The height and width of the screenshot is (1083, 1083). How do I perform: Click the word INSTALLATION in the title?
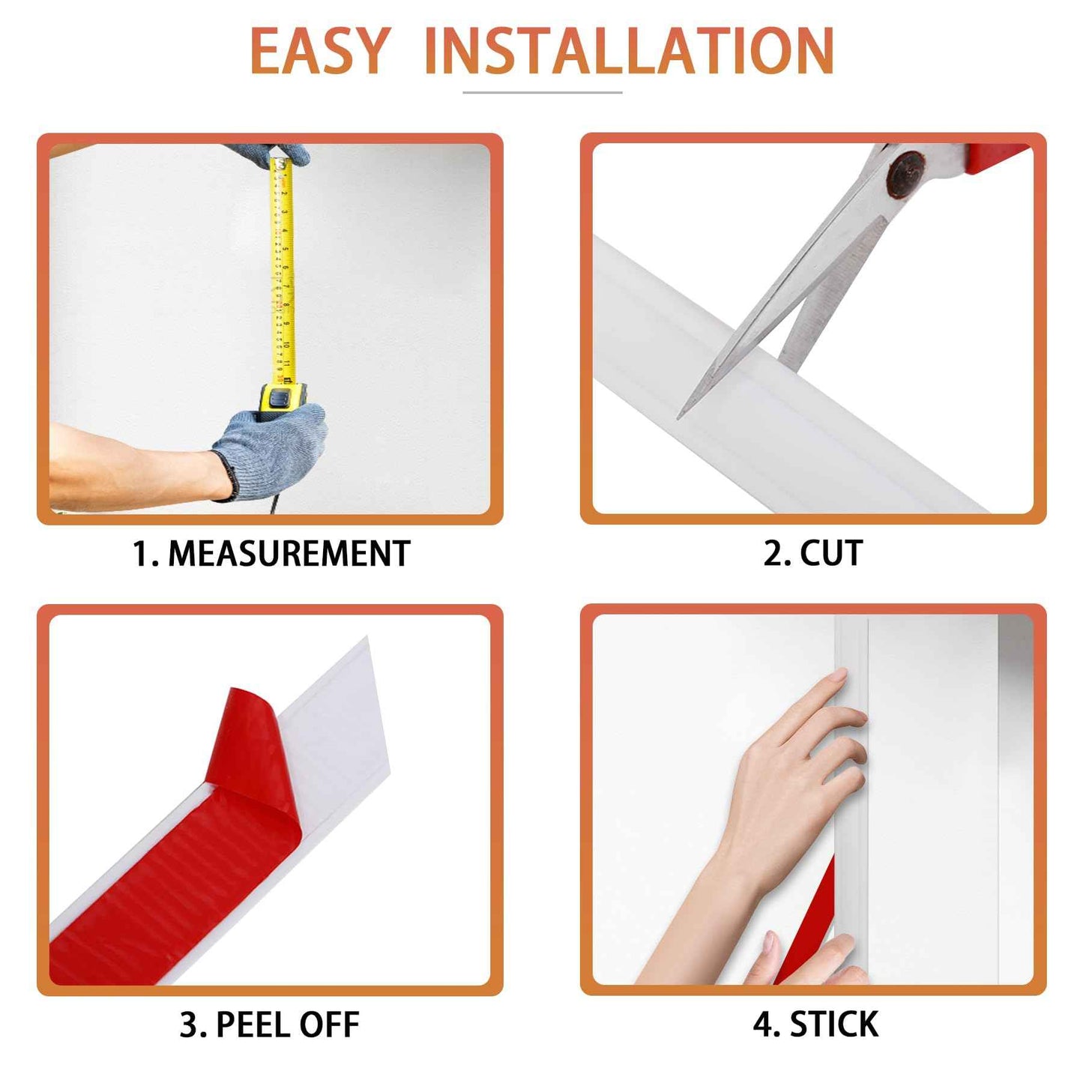(629, 51)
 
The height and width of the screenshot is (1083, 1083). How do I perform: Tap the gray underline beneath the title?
(542, 92)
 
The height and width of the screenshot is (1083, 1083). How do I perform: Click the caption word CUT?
(831, 553)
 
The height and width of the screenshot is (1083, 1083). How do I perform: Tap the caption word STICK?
(834, 1025)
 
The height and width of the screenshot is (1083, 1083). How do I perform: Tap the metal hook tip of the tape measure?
(280, 161)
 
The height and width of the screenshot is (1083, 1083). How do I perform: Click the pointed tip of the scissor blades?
(681, 414)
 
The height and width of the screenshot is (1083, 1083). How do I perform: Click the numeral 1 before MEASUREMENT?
(139, 554)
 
